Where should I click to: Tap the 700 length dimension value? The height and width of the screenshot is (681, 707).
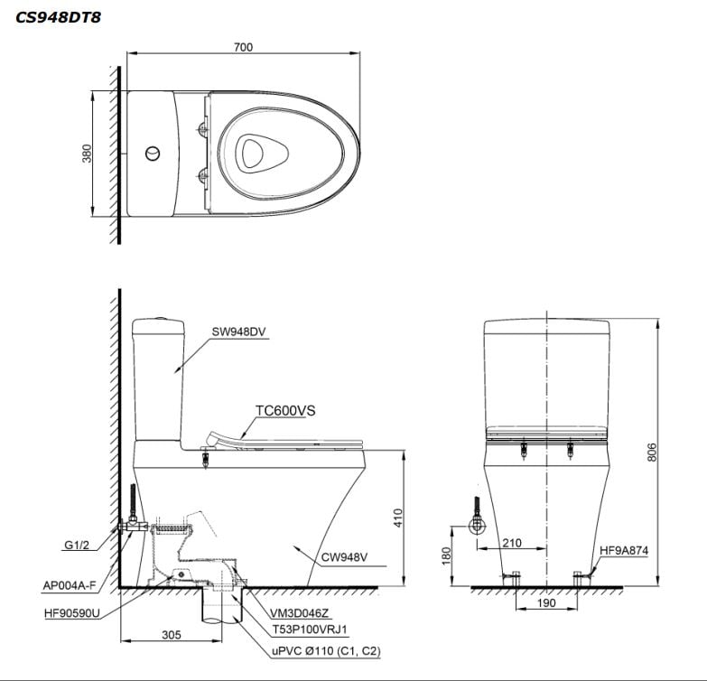242,47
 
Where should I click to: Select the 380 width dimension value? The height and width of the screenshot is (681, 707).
87,154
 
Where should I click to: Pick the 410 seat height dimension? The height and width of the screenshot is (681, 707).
397,518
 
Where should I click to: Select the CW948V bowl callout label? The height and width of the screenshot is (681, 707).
345,557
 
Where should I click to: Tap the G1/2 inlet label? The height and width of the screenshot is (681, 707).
77,546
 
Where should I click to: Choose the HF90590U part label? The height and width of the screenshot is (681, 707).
71,611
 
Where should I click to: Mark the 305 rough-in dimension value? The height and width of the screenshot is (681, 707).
171,635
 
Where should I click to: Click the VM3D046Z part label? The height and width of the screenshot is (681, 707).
291,612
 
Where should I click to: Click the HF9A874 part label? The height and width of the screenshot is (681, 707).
624,549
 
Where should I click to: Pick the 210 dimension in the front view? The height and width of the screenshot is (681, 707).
511,542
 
